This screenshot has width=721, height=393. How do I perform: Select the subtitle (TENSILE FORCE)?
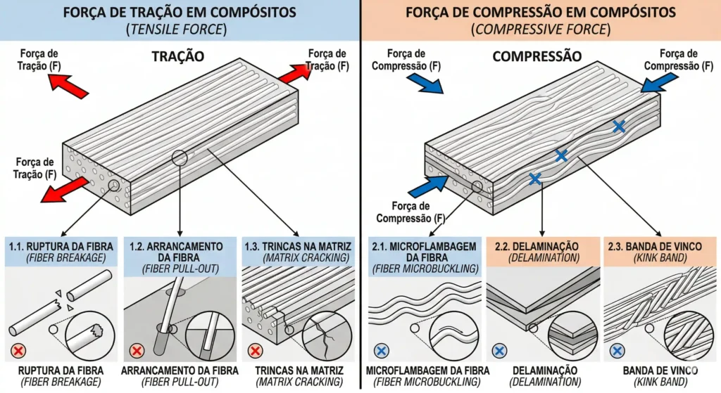[180, 30]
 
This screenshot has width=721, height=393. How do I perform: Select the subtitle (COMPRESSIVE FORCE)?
[540, 30]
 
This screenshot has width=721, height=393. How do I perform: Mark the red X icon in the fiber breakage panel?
[17, 349]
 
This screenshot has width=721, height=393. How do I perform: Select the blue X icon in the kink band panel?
[618, 349]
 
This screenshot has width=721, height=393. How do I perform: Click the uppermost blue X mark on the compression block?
[618, 127]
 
